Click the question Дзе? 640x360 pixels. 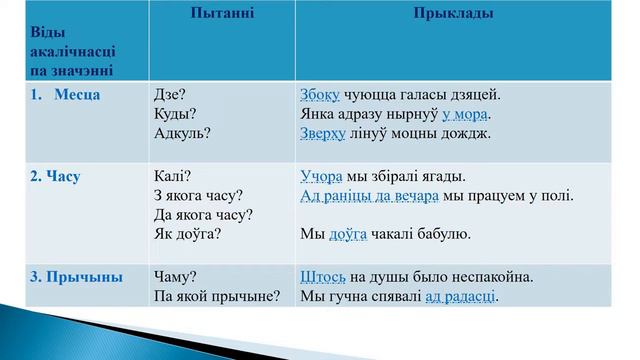click(x=171, y=95)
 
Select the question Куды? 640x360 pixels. click(x=175, y=114)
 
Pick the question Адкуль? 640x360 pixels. click(x=182, y=133)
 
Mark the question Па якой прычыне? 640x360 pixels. click(x=217, y=296)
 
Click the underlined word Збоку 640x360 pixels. click(x=320, y=95)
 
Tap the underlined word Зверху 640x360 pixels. click(x=323, y=133)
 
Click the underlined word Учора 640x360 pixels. click(x=322, y=177)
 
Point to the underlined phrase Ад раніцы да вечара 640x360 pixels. click(x=370, y=196)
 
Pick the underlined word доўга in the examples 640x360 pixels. click(x=349, y=234)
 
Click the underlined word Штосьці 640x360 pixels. click(x=323, y=277)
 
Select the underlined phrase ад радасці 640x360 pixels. click(x=461, y=296)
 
